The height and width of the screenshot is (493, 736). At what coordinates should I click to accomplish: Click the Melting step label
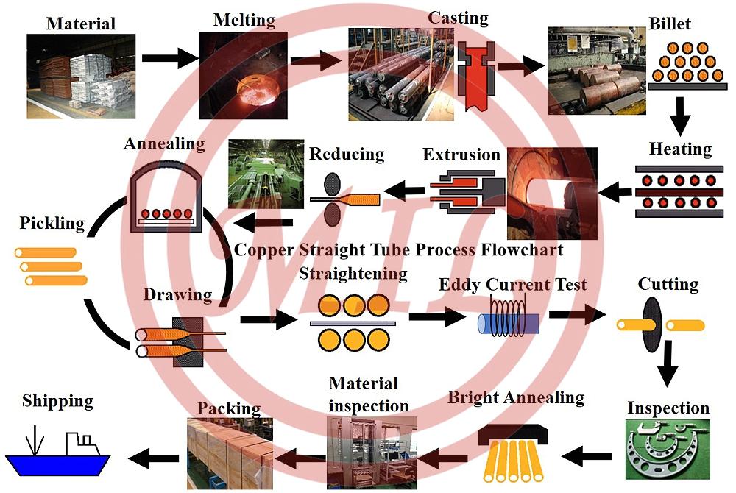pos(244,19)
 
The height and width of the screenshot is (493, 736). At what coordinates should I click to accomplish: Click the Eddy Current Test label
pos(512,284)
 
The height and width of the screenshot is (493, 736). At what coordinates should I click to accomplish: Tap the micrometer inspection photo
pos(668,450)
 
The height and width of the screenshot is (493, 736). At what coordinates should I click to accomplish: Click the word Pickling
pos(52,222)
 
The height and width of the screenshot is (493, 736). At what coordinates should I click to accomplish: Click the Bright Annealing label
pos(516,398)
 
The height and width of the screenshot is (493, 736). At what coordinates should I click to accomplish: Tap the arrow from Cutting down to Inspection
pos(668,363)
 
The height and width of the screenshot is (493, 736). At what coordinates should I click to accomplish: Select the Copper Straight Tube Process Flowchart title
pos(398,249)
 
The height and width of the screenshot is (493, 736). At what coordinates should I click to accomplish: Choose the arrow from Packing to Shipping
pos(154,458)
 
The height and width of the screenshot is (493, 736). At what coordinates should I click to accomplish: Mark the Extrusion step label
pos(461,154)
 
